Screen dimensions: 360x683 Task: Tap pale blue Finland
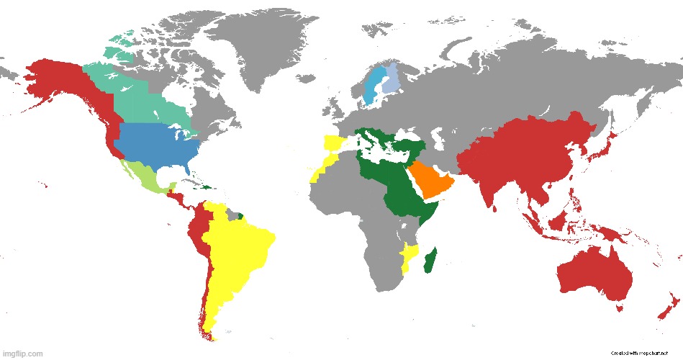click(x=389, y=80)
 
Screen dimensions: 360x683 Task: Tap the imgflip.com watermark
click(x=23, y=354)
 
